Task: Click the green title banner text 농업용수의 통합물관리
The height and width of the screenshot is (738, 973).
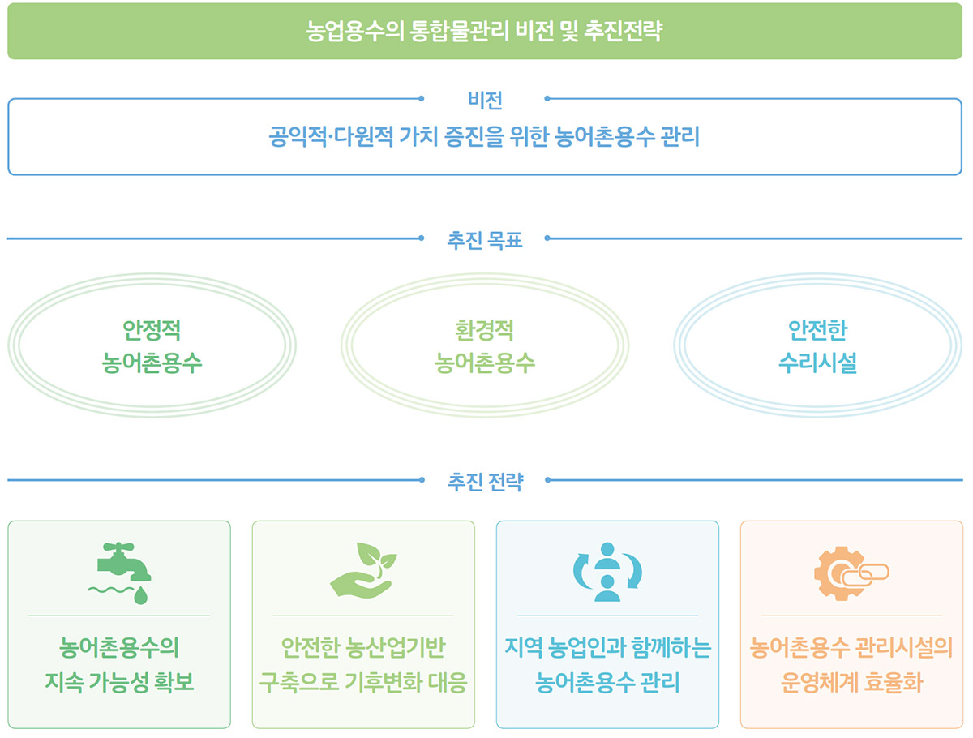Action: point(407,31)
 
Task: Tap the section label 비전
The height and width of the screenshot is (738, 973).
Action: point(485,101)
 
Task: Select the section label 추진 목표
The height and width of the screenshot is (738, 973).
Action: point(485,240)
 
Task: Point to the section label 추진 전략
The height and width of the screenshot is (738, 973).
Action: point(486,482)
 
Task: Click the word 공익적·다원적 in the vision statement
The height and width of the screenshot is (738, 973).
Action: point(331,136)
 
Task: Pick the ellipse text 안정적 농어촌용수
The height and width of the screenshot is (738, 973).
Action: point(152,346)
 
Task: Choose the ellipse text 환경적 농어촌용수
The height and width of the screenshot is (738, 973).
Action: point(485,346)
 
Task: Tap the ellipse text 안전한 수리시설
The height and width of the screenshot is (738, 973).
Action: point(817,346)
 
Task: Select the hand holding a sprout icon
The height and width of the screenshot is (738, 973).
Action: point(363,570)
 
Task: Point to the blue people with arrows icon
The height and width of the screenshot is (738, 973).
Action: point(607,572)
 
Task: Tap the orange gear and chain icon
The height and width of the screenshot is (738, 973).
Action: point(851,573)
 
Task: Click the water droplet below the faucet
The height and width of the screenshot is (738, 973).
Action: point(140,595)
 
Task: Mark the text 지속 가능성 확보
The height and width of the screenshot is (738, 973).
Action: point(119,682)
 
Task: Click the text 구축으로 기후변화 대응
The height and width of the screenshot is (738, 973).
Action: point(363,682)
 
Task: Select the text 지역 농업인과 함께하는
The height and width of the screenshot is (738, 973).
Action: point(608,647)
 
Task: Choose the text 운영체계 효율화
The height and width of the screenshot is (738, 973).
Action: point(851,682)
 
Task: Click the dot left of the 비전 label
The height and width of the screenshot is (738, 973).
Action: point(421,98)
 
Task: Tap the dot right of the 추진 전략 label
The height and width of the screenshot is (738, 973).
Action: point(547,479)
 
